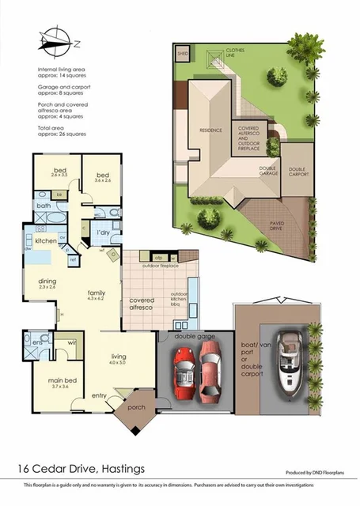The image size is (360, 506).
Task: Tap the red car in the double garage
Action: [185, 379]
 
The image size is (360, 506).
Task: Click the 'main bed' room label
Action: [59, 383]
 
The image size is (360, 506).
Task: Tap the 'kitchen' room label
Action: [44, 240]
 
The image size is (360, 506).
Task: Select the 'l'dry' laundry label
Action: [103, 234]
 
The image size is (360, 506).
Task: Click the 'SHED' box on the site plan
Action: [183, 54]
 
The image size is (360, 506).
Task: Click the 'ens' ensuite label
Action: [38, 342]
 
